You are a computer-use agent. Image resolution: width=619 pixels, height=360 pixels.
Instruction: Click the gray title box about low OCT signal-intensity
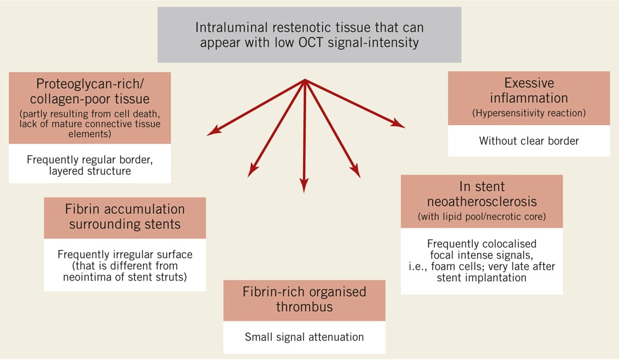pyautogui.click(x=309, y=35)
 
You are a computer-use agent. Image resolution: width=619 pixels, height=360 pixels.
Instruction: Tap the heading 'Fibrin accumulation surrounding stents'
pyautogui.click(x=125, y=217)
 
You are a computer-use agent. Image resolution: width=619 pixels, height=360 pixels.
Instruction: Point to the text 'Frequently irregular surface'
pyautogui.click(x=125, y=255)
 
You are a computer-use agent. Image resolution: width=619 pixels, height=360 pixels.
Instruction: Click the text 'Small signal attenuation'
pyautogui.click(x=304, y=337)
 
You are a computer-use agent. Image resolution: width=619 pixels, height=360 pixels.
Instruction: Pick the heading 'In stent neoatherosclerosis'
pyautogui.click(x=481, y=194)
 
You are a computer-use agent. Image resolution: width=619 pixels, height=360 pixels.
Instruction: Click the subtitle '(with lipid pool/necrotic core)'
pyautogui.click(x=481, y=216)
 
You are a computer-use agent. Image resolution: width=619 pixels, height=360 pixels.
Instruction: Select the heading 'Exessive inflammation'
pyautogui.click(x=529, y=91)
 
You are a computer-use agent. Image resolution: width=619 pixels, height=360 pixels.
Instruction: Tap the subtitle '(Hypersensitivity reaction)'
pyautogui.click(x=529, y=113)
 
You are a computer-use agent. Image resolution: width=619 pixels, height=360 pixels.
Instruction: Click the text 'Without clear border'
pyautogui.click(x=529, y=141)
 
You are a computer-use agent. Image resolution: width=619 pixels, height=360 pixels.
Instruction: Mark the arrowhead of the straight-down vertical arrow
pyautogui.click(x=304, y=187)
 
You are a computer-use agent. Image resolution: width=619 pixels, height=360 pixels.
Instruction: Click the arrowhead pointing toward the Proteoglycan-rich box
pyautogui.click(x=212, y=132)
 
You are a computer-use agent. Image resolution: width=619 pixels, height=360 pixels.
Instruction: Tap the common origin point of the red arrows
pyautogui.click(x=305, y=81)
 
